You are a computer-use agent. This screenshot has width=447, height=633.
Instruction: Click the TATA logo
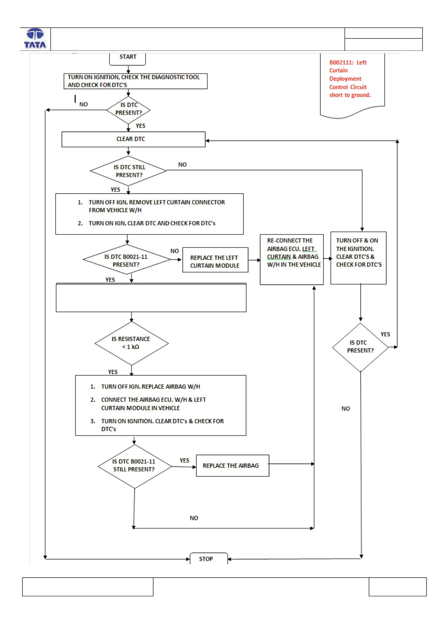(x=35, y=39)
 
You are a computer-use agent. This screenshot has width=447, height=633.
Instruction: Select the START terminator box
(x=128, y=59)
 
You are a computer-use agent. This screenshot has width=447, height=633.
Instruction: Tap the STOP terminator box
(x=208, y=559)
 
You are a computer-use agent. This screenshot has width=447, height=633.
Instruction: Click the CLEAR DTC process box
(x=133, y=139)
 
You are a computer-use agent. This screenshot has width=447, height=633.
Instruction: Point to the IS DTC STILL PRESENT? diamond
(x=128, y=171)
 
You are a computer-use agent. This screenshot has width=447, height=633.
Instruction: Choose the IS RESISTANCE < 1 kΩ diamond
(x=131, y=343)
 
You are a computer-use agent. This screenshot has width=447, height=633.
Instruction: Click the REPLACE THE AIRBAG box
(x=233, y=466)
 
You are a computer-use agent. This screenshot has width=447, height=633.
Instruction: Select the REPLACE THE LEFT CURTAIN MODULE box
(x=215, y=260)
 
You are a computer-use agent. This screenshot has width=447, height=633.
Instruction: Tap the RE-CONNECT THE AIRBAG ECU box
(x=292, y=259)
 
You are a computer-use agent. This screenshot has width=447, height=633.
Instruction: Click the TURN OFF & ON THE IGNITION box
(x=358, y=258)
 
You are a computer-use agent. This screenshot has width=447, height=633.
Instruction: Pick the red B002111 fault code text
(x=350, y=79)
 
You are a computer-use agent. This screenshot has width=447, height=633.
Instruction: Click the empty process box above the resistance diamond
(x=151, y=298)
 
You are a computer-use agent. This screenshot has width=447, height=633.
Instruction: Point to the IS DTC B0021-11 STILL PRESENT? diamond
(x=134, y=467)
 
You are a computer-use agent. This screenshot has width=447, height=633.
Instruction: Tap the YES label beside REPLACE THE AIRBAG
(x=184, y=461)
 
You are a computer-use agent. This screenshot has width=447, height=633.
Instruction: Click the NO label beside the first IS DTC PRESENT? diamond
(x=84, y=105)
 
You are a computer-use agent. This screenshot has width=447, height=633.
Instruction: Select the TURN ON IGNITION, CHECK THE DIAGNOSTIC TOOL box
(x=136, y=82)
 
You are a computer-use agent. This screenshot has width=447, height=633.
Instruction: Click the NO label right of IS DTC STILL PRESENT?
(x=182, y=165)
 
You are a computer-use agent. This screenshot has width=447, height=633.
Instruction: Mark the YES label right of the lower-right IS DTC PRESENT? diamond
(x=385, y=334)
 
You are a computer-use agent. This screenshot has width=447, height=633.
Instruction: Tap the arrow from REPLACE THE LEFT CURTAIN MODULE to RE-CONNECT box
(x=254, y=260)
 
